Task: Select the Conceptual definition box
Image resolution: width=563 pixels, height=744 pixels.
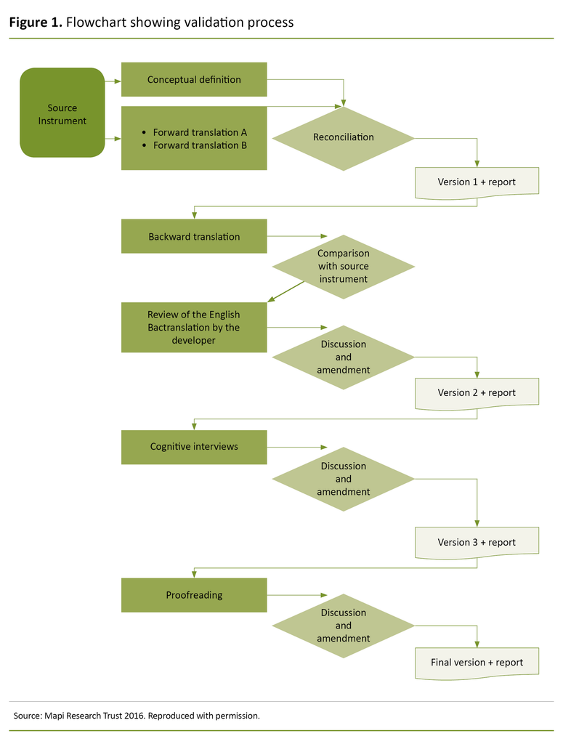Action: coord(194,79)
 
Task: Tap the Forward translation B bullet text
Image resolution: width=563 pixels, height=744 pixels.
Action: coord(200,145)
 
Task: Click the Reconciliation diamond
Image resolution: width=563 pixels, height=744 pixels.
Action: coord(343,137)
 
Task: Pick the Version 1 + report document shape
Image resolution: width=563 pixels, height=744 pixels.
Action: coord(477,182)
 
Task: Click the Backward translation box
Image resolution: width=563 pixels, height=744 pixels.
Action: coord(194,236)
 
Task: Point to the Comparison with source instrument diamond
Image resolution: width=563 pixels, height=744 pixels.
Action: coord(343,266)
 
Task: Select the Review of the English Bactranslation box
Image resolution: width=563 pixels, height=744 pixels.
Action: coord(194,327)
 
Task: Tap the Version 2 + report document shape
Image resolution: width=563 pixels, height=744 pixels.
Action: coord(477,392)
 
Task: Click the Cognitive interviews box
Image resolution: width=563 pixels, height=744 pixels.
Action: coord(194,446)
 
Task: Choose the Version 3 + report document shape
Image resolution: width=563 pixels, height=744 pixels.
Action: coord(477,542)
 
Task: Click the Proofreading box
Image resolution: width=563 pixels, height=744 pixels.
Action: coord(194,594)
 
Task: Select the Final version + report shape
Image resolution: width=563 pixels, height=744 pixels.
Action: coord(477,662)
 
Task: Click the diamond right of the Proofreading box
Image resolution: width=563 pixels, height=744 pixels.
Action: coord(343,626)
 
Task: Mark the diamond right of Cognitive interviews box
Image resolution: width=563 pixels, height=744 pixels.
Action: coord(343,479)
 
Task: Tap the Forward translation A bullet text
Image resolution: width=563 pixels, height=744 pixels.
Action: coord(200,132)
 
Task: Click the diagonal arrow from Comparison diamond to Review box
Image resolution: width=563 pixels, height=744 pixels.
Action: coord(285,291)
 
